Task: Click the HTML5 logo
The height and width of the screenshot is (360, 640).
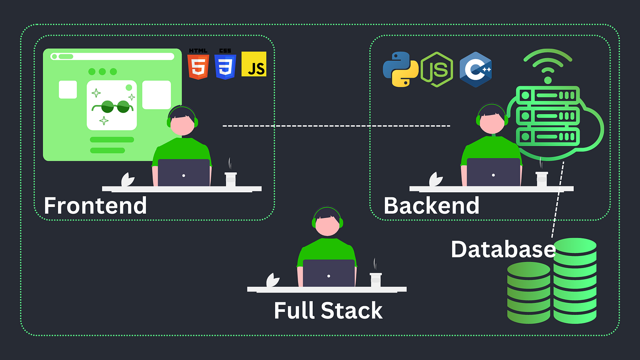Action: tap(198, 66)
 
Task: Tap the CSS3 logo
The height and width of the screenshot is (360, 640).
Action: tap(225, 66)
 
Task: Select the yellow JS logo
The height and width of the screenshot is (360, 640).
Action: tap(254, 64)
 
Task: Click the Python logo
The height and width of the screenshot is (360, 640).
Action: tap(400, 69)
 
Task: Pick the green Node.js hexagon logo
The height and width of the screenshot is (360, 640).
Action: tap(437, 69)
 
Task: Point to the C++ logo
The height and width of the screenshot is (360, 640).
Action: tap(475, 69)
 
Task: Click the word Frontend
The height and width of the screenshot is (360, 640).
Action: tap(95, 206)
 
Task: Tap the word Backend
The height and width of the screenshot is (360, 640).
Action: tap(431, 206)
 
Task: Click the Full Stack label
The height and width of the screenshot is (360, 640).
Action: tap(328, 311)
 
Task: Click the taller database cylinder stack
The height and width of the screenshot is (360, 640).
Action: tap(575, 281)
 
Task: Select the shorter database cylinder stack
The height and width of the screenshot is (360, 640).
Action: tap(528, 292)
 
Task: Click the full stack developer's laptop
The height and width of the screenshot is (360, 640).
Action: tap(329, 273)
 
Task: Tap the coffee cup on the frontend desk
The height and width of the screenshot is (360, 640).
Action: tap(231, 179)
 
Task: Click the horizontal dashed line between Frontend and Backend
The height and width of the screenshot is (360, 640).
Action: tap(336, 126)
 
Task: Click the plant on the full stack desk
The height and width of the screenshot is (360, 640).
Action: tap(273, 280)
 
